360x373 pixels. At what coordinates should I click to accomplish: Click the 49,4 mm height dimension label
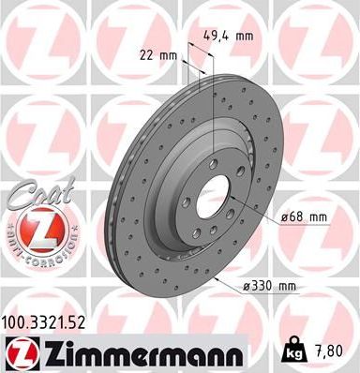point(228,37)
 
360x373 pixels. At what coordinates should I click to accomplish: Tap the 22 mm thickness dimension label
point(163,56)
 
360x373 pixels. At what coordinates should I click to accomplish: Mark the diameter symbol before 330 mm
point(250,285)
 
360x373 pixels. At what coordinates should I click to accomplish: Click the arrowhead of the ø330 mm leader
point(217,277)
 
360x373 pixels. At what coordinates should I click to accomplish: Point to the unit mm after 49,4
point(245,37)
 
